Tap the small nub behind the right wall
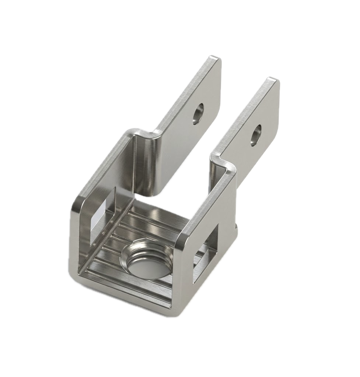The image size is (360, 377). coord(237,225)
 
